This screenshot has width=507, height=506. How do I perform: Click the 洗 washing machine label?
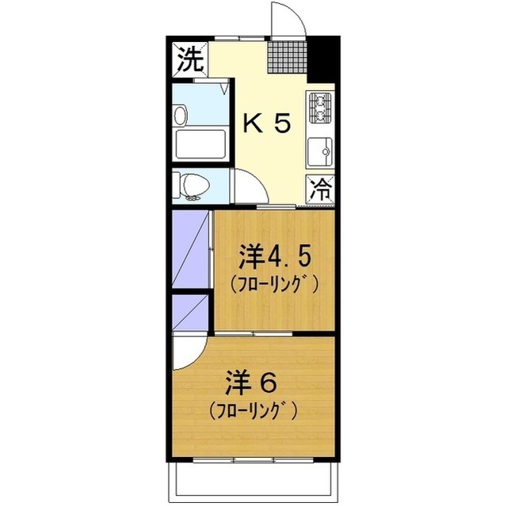pyautogui.click(x=189, y=59)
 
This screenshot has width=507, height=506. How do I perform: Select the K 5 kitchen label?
pyautogui.click(x=266, y=123)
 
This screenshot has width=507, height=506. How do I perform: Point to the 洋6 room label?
pyautogui.click(x=250, y=382)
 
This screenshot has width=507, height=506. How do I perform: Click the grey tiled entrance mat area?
pyautogui.click(x=284, y=55)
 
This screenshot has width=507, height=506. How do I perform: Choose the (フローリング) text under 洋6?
pyautogui.click(x=253, y=410)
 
